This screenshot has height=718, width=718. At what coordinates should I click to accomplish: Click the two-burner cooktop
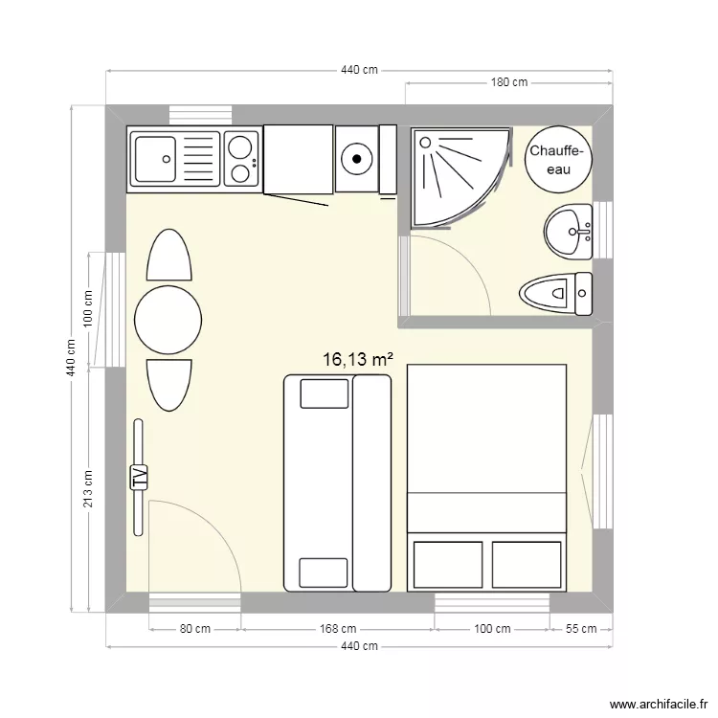240,159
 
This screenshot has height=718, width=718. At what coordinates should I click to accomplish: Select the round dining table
168,321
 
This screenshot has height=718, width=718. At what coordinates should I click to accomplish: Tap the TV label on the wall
139,476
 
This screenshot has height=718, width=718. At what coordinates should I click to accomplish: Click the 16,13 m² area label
359,360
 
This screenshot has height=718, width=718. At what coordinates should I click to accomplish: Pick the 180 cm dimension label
509,82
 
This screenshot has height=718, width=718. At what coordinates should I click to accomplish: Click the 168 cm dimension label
337,629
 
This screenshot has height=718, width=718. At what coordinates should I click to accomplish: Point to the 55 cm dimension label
580,629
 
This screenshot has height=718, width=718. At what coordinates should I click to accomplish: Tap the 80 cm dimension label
194,629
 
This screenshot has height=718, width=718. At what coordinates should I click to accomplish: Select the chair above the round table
168,256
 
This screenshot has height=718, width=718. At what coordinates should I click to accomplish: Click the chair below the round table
168,385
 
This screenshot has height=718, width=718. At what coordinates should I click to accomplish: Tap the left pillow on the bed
447,564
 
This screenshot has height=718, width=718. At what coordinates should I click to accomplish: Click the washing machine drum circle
356,157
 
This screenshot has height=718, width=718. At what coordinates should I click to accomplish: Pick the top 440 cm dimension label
358,70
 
